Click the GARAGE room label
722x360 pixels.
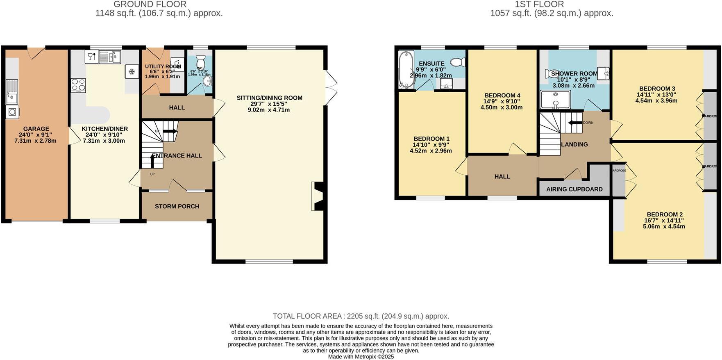click(36, 129)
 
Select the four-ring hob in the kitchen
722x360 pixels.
click(78, 85)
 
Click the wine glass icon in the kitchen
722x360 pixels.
click(91, 57)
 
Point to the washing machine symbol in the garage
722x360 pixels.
click(12, 112)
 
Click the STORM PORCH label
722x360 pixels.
click(177, 206)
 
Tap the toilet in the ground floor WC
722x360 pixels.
click(200, 61)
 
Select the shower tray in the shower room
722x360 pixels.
click(555, 100)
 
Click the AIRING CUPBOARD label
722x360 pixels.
click(574, 189)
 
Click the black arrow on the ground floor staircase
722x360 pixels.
click(170, 131)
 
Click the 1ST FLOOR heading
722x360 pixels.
click(539, 5)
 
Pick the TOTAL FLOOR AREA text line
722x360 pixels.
click(361, 316)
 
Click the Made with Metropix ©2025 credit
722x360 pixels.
click(361, 357)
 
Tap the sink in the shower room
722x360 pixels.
click(603, 73)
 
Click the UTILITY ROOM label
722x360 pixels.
click(163, 66)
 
